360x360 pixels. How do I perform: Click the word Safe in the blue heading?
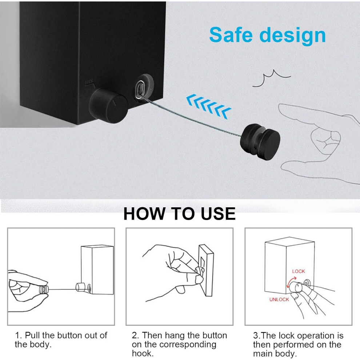tap(231, 35)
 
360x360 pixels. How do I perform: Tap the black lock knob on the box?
tap(108, 105)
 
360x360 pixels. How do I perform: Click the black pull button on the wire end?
tap(260, 141)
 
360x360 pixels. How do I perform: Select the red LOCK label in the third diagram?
tap(299, 271)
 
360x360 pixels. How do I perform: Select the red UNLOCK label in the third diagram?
tap(279, 299)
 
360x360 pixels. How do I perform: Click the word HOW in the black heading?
tap(144, 214)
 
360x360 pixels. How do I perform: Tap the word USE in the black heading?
tap(218, 214)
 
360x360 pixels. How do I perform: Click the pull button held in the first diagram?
tap(43, 290)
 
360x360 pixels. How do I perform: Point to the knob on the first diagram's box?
tap(80, 287)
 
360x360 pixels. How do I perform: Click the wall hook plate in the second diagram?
tap(207, 270)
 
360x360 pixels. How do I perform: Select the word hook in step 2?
tap(143, 353)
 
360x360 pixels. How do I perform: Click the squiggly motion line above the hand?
tap(271, 79)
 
